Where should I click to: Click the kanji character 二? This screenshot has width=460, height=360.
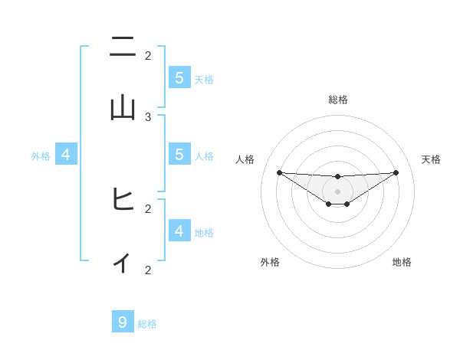pyautogui.click(x=123, y=48)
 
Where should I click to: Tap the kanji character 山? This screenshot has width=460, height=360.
pyautogui.click(x=123, y=108)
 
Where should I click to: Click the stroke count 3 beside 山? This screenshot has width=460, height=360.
pyautogui.click(x=148, y=116)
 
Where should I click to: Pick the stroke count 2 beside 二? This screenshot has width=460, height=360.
pyautogui.click(x=148, y=55)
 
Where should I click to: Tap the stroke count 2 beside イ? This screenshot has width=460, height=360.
pyautogui.click(x=148, y=270)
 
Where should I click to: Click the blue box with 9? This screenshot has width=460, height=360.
pyautogui.click(x=123, y=322)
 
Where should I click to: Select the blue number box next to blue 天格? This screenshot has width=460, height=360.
pyautogui.click(x=179, y=77)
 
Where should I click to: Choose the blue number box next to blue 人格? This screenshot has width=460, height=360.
pyautogui.click(x=179, y=154)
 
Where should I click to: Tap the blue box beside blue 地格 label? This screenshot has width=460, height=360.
pyautogui.click(x=179, y=231)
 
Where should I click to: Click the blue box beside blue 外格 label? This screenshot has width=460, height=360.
pyautogui.click(x=65, y=154)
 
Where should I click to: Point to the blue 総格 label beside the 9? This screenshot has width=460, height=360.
pyautogui.click(x=147, y=324)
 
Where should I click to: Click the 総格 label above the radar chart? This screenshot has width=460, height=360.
pyautogui.click(x=338, y=100)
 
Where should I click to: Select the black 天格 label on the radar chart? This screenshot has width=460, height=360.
pyautogui.click(x=432, y=159)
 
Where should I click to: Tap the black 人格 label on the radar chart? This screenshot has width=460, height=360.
pyautogui.click(x=245, y=159)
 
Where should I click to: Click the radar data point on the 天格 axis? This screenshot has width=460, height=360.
pyautogui.click(x=396, y=172)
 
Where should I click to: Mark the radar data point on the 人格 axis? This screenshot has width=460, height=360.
pyautogui.click(x=280, y=172)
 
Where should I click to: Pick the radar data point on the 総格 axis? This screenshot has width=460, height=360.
pyautogui.click(x=338, y=178)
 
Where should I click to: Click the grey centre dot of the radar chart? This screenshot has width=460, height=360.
pyautogui.click(x=338, y=191)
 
